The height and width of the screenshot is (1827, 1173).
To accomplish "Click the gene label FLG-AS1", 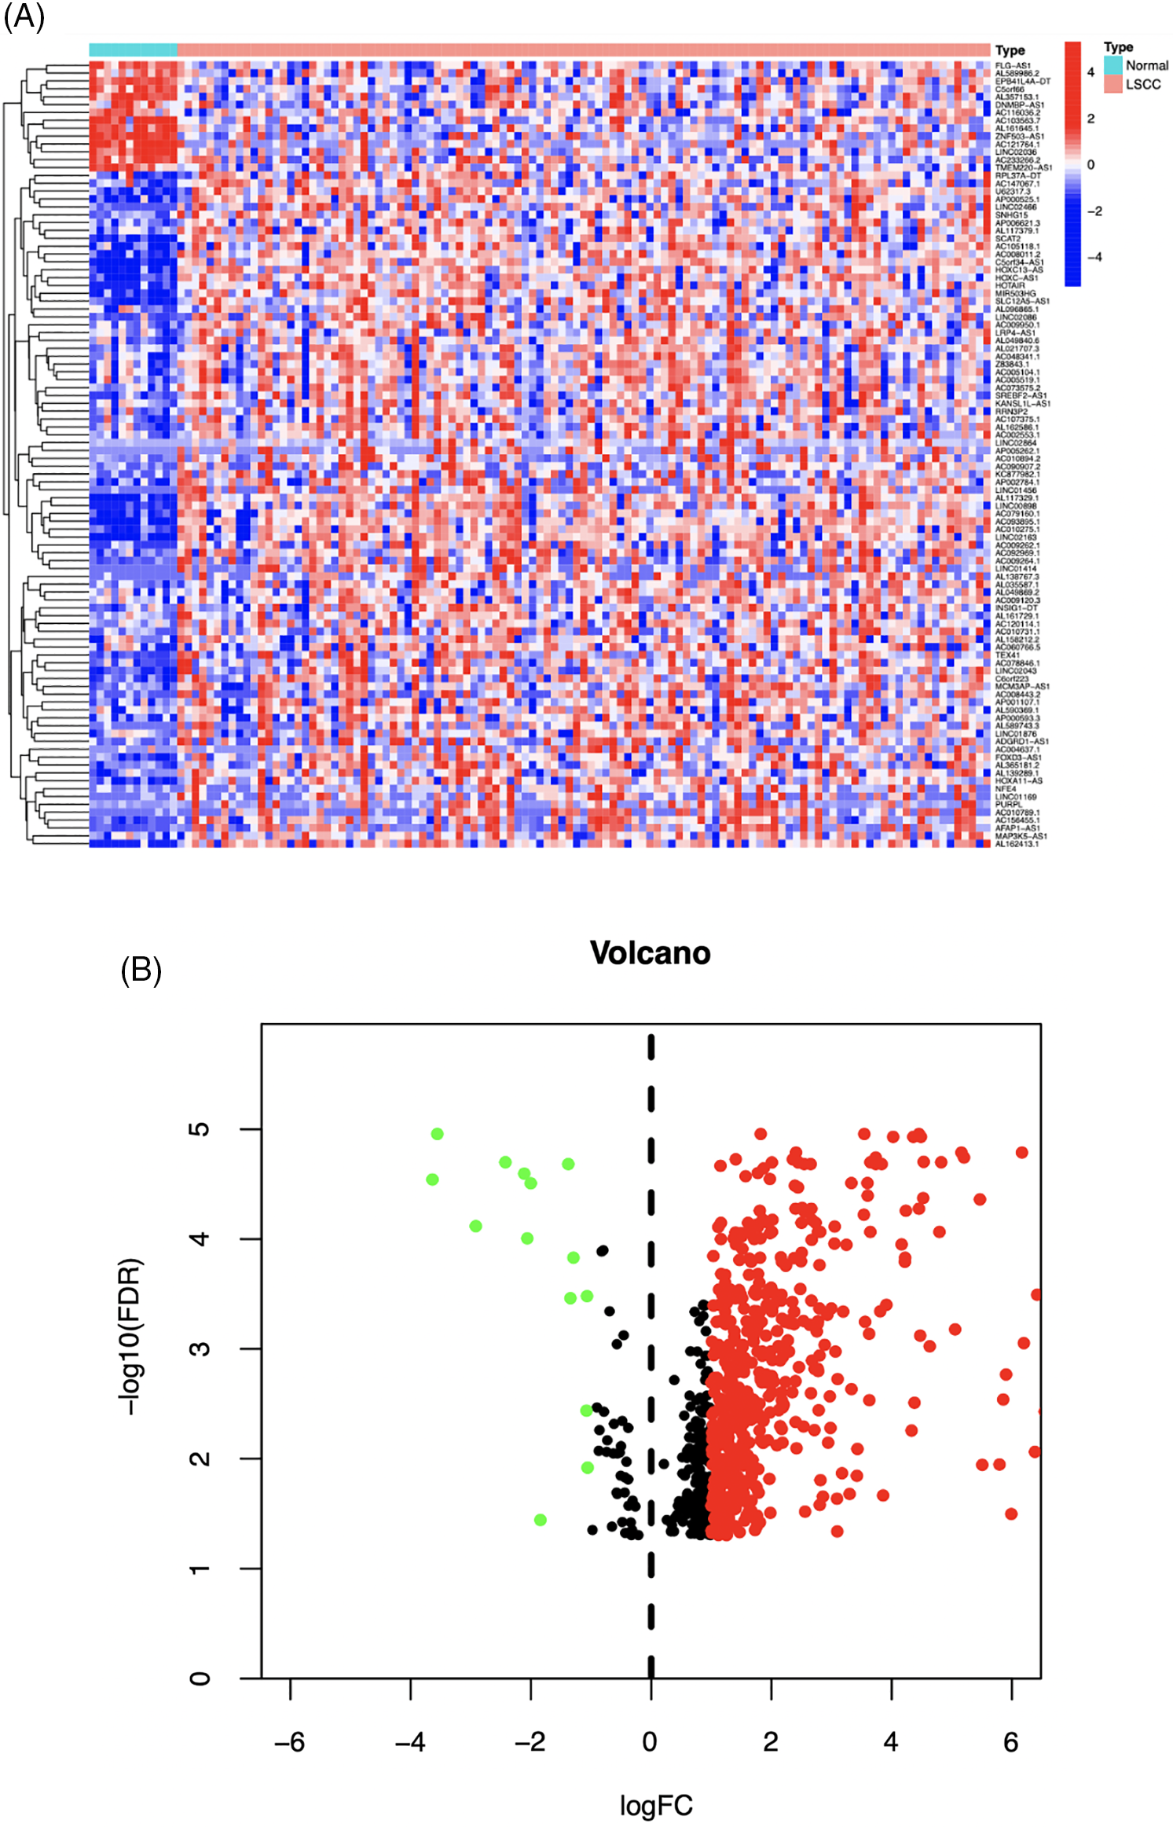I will pos(1012,66).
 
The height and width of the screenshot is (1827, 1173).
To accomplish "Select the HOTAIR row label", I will pos(1010,286).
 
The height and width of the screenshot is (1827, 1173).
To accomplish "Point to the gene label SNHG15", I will pos(1011,215).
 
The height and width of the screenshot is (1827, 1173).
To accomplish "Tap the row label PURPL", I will pos(1009,805).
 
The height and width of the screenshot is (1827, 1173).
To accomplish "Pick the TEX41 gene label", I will pos(1007,655).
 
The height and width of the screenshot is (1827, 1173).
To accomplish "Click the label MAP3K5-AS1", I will pos(1021,836).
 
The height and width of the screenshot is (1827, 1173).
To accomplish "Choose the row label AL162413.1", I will pos(1017,844).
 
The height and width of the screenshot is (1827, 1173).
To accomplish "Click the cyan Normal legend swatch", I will pos(1113,65).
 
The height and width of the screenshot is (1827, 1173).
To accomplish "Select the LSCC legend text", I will pos(1142,84).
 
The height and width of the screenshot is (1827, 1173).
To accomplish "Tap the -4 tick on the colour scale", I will pos(1094,257).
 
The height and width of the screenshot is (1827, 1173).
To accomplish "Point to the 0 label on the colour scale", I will pos(1091,165).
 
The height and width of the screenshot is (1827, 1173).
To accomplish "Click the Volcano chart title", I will pos(650,952).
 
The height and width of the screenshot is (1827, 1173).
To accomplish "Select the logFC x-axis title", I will pos(656,1805).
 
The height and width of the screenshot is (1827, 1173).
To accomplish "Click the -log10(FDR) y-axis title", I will pos(130,1336).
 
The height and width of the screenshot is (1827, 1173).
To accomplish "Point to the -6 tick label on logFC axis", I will pos(289,1741).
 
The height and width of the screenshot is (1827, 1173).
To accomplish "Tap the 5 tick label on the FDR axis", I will pos(200,1129).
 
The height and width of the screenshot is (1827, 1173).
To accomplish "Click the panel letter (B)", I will pos(141,970).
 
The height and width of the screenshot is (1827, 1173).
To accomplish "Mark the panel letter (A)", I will pos(24,16).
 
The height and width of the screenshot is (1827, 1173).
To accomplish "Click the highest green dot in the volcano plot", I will pos(438,1134).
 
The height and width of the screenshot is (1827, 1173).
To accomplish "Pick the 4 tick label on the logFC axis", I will pos(890,1741).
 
